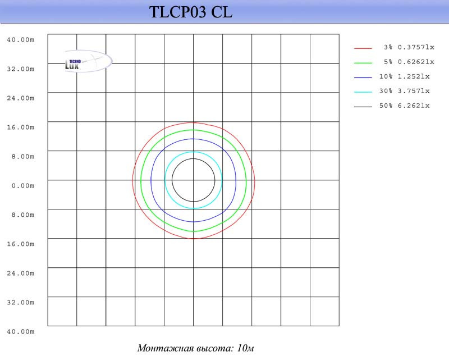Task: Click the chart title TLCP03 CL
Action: click(191, 12)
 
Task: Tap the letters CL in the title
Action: click(222, 12)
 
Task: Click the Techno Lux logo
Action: click(89, 61)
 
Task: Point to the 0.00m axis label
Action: click(23, 186)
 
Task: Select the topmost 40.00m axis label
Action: click(21, 40)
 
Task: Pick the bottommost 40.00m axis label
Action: click(21, 331)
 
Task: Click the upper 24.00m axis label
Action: click(21, 98)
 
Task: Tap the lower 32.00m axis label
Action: click(21, 302)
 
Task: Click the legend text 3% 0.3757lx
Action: click(409, 47)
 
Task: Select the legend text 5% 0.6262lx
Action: click(409, 62)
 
